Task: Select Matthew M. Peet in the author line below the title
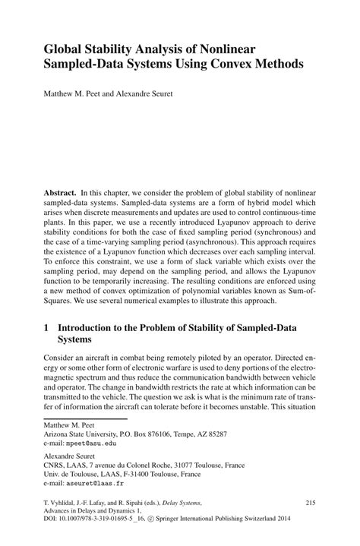[81, 97]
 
